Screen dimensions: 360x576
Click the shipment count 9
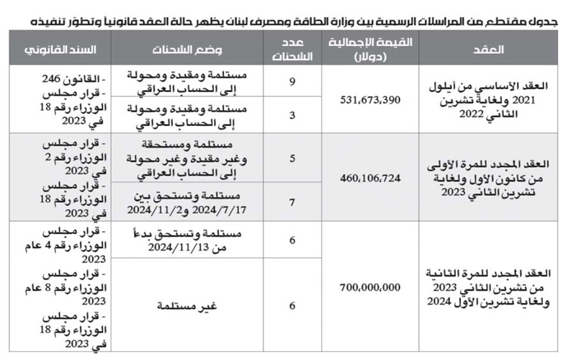pyautogui.click(x=292, y=81)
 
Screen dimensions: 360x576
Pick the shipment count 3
pyautogui.click(x=292, y=114)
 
